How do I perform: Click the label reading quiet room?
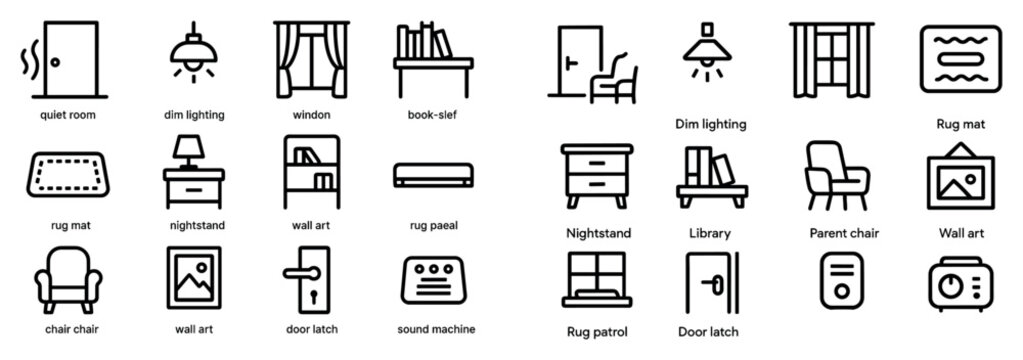tap(68, 115)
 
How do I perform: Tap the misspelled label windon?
tap(311, 115)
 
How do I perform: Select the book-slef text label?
tap(434, 115)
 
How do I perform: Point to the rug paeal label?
tap(434, 225)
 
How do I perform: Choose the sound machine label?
tap(436, 328)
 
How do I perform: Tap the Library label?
tap(710, 233)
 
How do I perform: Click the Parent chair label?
tap(843, 233)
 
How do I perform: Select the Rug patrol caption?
tap(597, 329)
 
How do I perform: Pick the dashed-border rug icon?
tap(66, 176)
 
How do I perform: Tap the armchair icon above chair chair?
tap(68, 278)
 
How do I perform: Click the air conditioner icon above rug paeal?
tap(433, 175)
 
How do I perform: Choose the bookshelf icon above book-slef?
tap(434, 58)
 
